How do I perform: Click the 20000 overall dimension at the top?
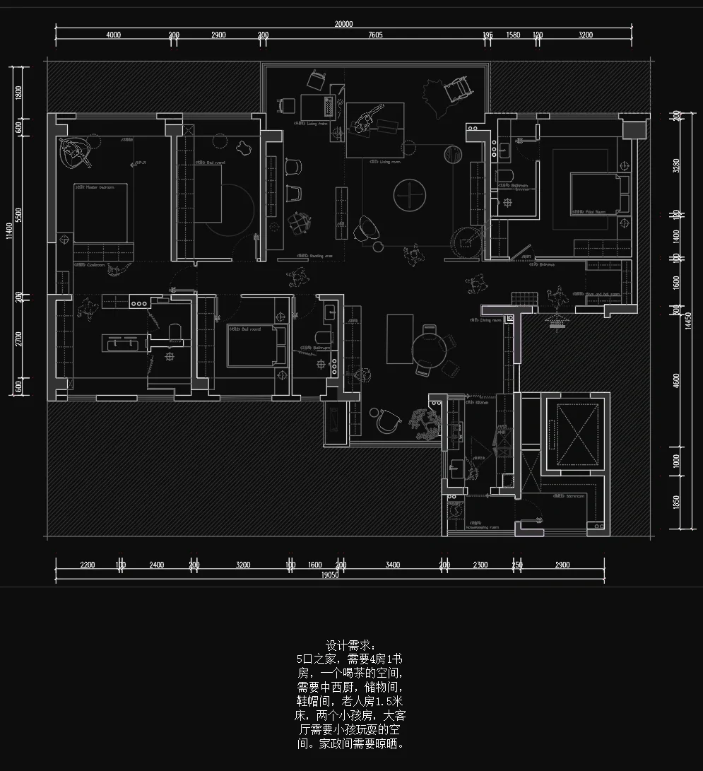click(343, 23)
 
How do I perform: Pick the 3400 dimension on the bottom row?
click(393, 565)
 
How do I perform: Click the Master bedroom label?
click(97, 187)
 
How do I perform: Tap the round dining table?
click(428, 348)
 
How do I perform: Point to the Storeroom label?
click(576, 496)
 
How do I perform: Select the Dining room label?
click(491, 320)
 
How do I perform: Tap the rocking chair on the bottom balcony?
click(387, 420)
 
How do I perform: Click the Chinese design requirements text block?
click(350, 695)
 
